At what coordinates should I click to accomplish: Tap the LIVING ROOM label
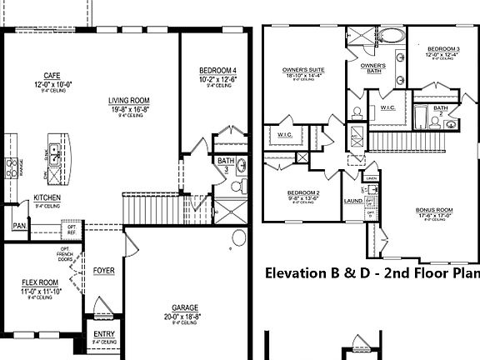pos(129,102)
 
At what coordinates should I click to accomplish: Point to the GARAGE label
pos(185,307)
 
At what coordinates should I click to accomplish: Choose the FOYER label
pos(104,271)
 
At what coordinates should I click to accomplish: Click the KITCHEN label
pos(47,197)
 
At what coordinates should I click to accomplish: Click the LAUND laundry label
pos(351,200)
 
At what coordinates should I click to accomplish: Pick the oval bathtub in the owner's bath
pos(390,36)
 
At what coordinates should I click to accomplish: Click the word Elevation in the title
pos(297,272)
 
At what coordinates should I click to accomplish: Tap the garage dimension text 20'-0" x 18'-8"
pos(185,316)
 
